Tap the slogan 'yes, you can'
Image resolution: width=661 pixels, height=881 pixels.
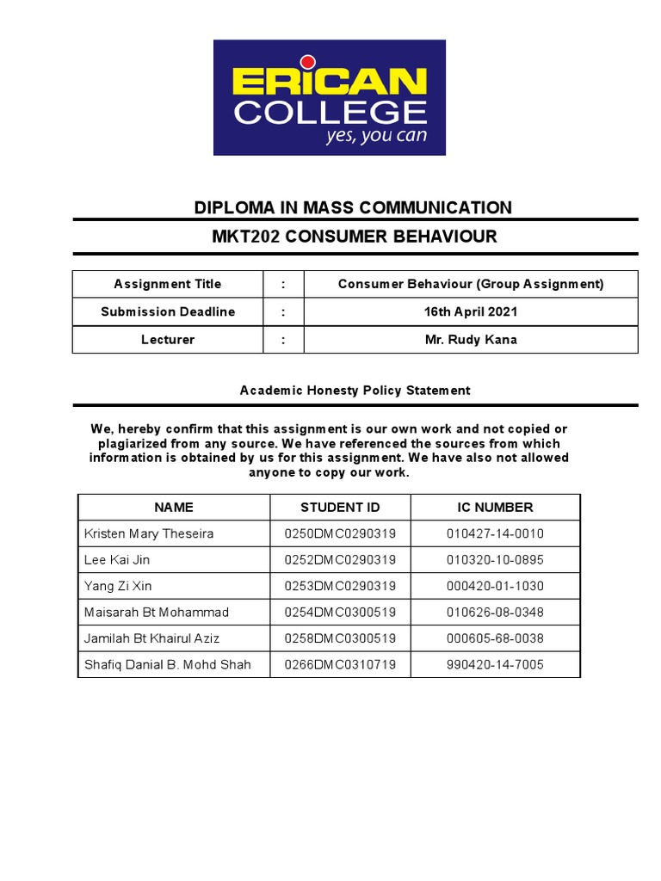(375, 136)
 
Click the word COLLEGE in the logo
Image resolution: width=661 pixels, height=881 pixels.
(330, 112)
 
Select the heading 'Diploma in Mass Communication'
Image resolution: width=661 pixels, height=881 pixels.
(353, 207)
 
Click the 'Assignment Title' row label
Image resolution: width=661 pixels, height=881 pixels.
(168, 284)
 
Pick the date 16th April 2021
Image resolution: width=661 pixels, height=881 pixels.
(471, 311)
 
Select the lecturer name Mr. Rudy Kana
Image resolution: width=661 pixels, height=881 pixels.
(471, 339)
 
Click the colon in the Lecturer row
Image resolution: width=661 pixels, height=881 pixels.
(283, 339)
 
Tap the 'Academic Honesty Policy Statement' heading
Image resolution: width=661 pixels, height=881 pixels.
(355, 390)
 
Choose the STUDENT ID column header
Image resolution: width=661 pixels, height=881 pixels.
(340, 507)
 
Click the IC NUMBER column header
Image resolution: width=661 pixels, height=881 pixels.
(495, 507)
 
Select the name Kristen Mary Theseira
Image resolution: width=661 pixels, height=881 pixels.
(149, 533)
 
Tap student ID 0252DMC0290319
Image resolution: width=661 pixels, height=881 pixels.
(340, 560)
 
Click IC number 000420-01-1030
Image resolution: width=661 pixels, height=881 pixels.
(495, 586)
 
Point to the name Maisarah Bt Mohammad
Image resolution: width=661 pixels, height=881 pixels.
(157, 613)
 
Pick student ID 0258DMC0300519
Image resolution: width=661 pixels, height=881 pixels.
(340, 638)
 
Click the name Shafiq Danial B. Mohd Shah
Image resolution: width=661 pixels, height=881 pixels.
(168, 665)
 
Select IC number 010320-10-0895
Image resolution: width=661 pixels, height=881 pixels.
(495, 560)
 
